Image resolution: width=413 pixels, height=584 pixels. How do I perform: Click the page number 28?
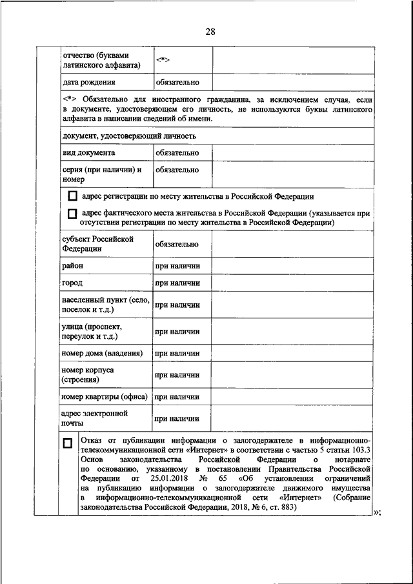(210, 32)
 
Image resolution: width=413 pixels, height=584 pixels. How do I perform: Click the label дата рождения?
(89, 83)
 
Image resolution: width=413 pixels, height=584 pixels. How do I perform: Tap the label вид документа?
(89, 153)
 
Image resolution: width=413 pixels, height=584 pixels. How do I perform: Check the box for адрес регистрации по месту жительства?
(72, 197)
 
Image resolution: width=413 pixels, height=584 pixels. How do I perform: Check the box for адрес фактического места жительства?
(72, 214)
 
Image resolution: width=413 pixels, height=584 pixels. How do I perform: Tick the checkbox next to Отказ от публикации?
(68, 443)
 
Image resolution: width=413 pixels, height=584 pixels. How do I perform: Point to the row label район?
(72, 265)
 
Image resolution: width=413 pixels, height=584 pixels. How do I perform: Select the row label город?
(72, 283)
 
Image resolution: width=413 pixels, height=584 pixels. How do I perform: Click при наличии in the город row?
(177, 283)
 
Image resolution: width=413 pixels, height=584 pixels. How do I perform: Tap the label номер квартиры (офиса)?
(105, 396)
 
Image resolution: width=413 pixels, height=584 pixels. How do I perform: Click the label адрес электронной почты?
(94, 418)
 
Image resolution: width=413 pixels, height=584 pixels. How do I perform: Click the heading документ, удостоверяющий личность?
(129, 136)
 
